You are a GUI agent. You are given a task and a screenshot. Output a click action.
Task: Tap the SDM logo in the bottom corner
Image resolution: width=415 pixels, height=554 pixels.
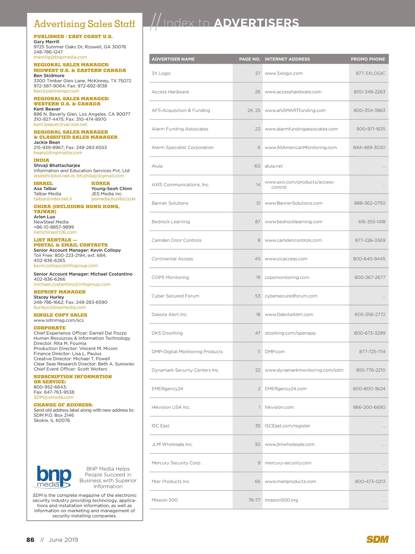pyautogui.click(x=377, y=539)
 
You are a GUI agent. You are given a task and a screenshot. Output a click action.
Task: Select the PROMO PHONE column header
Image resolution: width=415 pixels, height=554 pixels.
pyautogui.click(x=368, y=59)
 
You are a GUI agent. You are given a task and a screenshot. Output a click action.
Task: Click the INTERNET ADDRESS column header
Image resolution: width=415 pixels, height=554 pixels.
pyautogui.click(x=287, y=59)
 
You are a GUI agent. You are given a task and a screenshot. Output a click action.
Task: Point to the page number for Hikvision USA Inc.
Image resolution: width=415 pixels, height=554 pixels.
pyautogui.click(x=259, y=407)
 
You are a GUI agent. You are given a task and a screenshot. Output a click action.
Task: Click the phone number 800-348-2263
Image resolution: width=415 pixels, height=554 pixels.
pyautogui.click(x=369, y=92)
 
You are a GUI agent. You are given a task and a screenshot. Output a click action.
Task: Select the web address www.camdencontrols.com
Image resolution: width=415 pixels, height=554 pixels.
pyautogui.click(x=293, y=240)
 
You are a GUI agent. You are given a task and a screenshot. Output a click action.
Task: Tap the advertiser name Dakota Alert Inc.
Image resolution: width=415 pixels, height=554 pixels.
pyautogui.click(x=169, y=314)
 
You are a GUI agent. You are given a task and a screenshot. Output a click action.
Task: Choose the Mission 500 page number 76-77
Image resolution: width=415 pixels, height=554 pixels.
pyautogui.click(x=254, y=500)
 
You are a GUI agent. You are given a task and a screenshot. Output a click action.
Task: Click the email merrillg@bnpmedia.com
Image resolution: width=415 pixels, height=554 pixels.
pyautogui.click(x=60, y=57)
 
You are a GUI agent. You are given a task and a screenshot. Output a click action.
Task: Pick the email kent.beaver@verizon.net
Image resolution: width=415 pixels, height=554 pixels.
pyautogui.click(x=60, y=124)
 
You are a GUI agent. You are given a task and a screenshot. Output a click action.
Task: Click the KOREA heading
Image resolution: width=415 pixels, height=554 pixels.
pyautogui.click(x=100, y=184)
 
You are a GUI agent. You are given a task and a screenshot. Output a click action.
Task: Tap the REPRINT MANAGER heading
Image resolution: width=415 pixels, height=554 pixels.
pyautogui.click(x=59, y=292)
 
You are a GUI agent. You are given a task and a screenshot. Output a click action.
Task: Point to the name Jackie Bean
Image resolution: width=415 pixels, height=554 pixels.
pyautogui.click(x=47, y=142)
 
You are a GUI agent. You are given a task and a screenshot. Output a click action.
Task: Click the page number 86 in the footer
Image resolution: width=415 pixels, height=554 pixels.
pyautogui.click(x=30, y=540)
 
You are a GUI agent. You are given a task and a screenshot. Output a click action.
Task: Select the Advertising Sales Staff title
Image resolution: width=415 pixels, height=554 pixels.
pyautogui.click(x=84, y=24)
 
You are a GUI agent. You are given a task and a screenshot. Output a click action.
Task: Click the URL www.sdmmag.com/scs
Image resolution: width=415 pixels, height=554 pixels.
pyautogui.click(x=58, y=320)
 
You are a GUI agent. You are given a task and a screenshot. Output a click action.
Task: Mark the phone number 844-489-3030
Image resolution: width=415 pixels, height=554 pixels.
pyautogui.click(x=369, y=148)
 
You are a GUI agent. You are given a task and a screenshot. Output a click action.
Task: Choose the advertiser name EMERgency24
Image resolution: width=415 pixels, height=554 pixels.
pyautogui.click(x=167, y=389)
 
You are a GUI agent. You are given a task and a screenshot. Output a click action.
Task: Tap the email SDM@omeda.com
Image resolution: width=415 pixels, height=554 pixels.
pyautogui.click(x=53, y=397)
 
